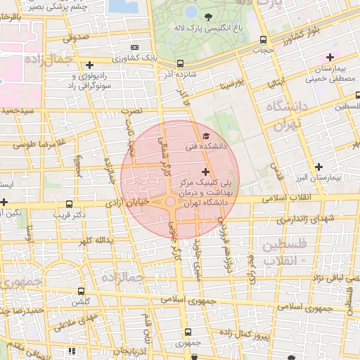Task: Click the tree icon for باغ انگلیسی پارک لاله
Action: (207, 17)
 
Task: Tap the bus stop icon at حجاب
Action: (263, 40)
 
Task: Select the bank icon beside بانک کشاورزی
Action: (135, 48)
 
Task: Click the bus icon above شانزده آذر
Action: (181, 63)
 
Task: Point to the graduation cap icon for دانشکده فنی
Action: (205, 136)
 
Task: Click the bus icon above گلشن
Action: (82, 291)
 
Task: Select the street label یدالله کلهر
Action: (95, 240)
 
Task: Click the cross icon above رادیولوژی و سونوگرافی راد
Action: (90, 65)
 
